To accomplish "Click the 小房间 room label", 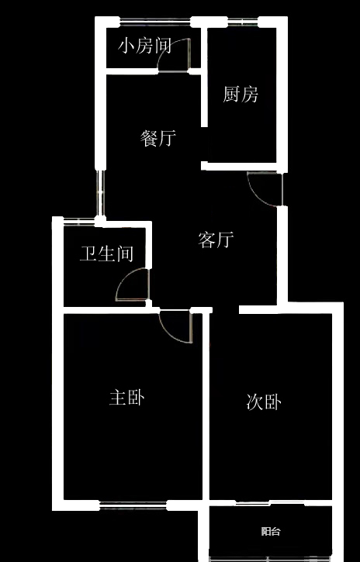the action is pos(144,47).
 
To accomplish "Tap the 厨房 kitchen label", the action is pos(241,95).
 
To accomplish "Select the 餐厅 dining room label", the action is pos(158,138).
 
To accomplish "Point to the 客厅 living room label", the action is pos(216,240).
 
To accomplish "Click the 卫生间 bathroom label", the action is pos(106,253).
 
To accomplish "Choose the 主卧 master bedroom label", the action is pos(127,398).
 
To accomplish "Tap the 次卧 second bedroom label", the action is pos(264,402).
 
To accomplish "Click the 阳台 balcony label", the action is pos(271,531).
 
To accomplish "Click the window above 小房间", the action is pos(155,22).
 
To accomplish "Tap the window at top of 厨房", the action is pos(243,22).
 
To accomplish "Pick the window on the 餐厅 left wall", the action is pos(100,193).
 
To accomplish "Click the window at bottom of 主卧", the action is pos(133,505).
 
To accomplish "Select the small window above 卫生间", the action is pos(79,222).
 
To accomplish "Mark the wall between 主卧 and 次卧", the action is pos(206,405).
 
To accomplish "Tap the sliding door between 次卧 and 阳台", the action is pos(270,503).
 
